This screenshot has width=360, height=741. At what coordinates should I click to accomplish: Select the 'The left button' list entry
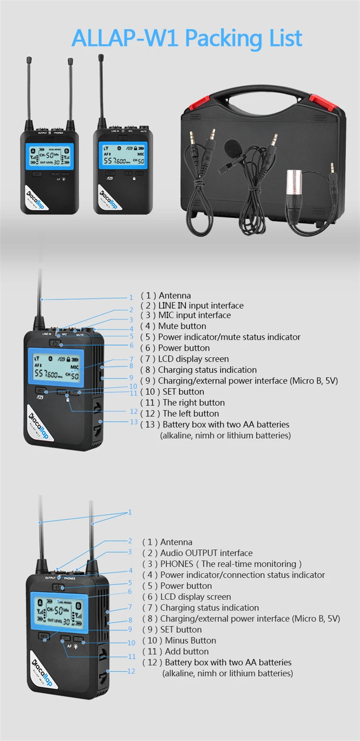[x=190, y=413]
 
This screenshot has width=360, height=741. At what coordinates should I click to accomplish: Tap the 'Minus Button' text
[x=190, y=640]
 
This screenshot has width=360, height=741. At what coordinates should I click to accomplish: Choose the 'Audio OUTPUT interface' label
[x=206, y=553]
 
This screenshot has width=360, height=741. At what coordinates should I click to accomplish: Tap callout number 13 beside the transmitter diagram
[x=134, y=422]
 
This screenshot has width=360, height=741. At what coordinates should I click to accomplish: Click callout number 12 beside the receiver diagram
[x=131, y=671]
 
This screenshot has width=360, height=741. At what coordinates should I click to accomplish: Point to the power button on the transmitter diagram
[x=56, y=343]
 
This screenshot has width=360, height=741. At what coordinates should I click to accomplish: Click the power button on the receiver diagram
[x=59, y=587]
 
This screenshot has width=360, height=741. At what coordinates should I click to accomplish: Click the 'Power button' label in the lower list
[x=186, y=586]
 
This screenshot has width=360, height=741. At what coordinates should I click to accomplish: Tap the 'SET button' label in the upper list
[x=180, y=392]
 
